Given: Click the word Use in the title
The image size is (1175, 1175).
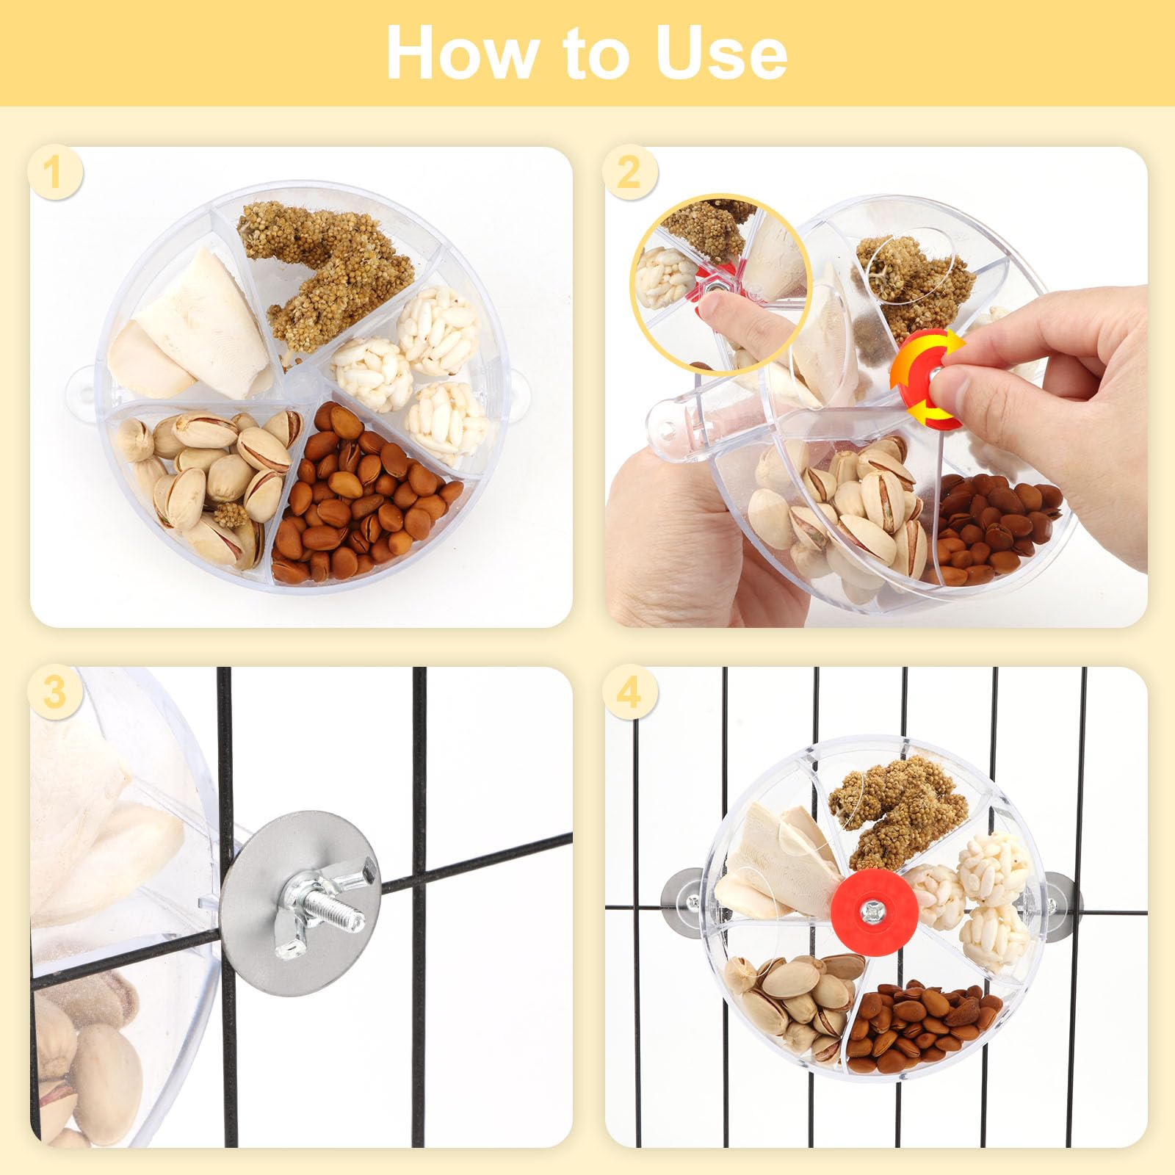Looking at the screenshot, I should pos(721,53).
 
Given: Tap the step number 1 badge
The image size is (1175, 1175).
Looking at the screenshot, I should pos(54,173).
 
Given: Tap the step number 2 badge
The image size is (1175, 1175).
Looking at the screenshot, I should pos(629,173).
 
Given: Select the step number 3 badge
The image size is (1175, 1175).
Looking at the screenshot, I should pos(54,693).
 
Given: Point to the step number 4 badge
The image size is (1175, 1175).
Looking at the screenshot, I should pos(629,693).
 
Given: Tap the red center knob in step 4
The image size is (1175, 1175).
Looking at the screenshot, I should pos(869,911).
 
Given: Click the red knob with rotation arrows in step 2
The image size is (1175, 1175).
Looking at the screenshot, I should pos(927,379).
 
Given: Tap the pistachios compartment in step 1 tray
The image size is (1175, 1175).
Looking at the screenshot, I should pos(206,477).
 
